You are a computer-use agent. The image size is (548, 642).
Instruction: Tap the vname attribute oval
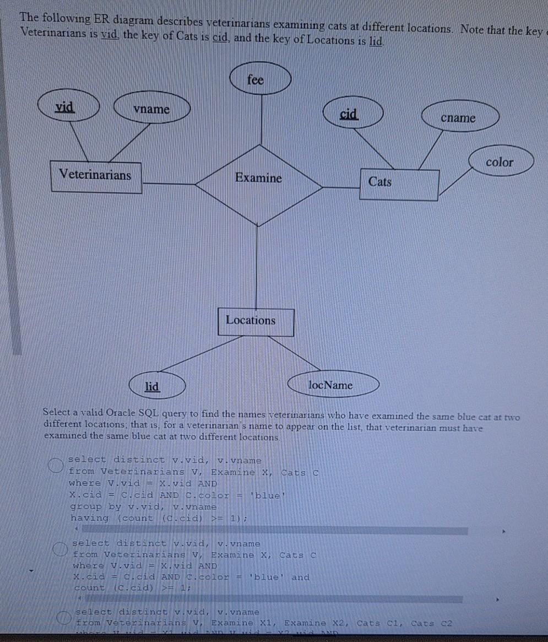[152, 109]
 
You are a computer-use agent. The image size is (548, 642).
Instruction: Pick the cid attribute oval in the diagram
[349, 114]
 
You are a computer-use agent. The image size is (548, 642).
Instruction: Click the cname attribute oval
[459, 118]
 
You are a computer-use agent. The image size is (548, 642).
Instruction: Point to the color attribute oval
[500, 162]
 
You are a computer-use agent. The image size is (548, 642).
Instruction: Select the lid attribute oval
[152, 386]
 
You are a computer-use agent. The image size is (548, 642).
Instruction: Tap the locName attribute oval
[330, 385]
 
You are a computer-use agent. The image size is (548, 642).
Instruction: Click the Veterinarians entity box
[95, 176]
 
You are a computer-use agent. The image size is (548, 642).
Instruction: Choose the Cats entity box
[399, 184]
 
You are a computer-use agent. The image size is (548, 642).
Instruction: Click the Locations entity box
[256, 322]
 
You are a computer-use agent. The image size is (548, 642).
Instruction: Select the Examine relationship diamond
[258, 178]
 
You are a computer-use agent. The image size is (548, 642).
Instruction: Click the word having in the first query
[90, 518]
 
